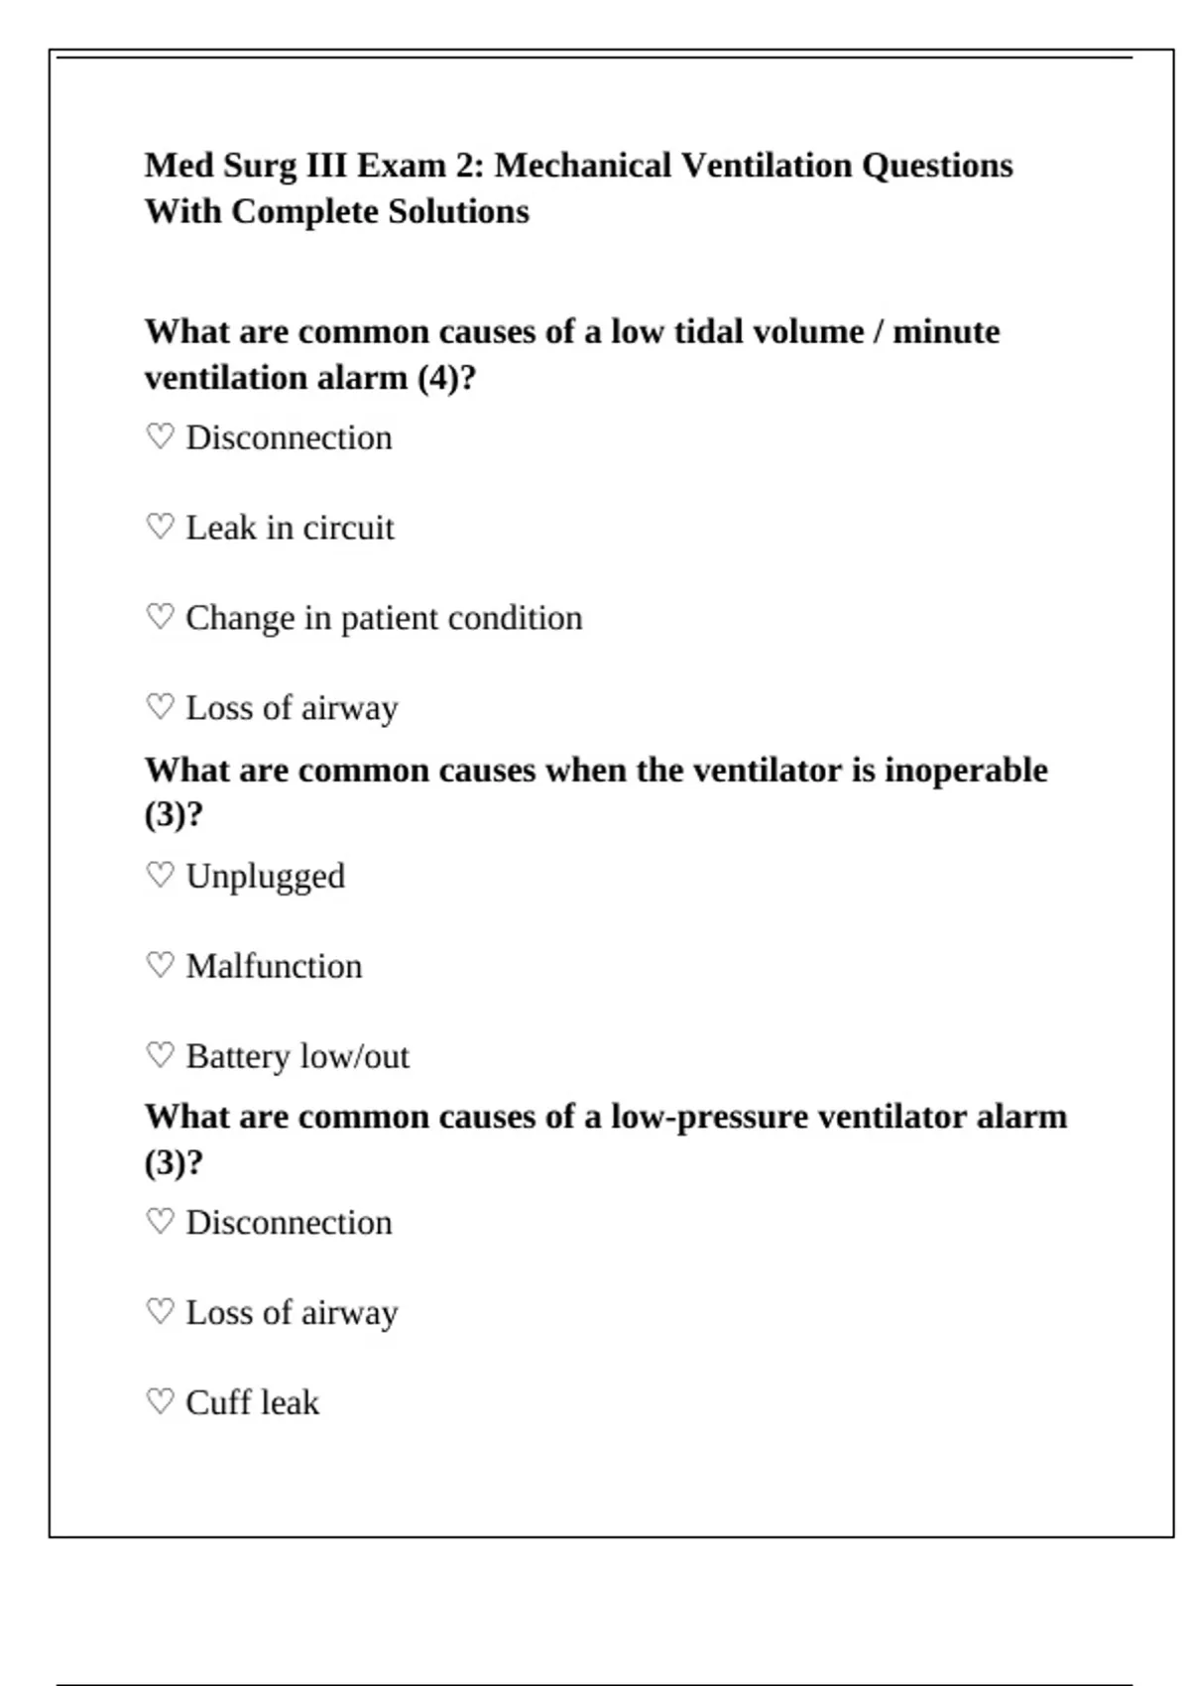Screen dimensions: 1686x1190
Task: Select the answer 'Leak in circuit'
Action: [290, 528]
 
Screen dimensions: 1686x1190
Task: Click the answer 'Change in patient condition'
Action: [384, 618]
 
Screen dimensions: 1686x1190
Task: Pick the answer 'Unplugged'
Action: [265, 877]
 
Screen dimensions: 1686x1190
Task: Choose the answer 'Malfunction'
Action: [274, 966]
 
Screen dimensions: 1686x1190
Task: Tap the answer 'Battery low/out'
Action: [297, 1056]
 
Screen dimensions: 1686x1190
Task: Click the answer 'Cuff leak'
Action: [252, 1402]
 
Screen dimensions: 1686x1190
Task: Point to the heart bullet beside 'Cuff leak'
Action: [160, 1401]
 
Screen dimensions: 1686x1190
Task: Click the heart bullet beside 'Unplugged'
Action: [160, 875]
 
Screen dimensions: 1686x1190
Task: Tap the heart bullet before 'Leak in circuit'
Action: [160, 527]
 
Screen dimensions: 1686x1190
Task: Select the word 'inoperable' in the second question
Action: [966, 770]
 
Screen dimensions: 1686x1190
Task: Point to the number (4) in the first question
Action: [439, 378]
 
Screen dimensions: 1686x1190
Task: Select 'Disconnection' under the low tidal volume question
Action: [289, 437]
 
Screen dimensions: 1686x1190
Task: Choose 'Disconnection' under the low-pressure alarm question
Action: [289, 1222]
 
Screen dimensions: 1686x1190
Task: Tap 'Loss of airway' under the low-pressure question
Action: [292, 1312]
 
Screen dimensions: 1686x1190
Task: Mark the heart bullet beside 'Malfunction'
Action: [160, 965]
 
